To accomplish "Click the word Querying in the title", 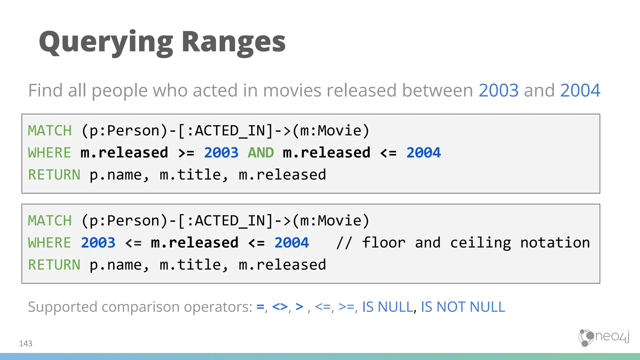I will (106, 42).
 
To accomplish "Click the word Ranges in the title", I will (233, 42).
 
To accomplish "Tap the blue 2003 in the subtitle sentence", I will (498, 90).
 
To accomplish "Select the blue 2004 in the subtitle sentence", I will (580, 90).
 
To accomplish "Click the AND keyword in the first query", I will (261, 153).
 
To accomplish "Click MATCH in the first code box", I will (50, 131).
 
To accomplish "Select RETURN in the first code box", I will (54, 175).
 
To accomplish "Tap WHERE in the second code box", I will (50, 243).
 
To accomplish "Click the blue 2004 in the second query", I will (292, 243).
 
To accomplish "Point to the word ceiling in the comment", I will (480, 243).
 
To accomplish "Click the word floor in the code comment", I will (383, 243).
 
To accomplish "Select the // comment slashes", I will (344, 243).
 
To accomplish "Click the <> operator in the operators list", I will (280, 307).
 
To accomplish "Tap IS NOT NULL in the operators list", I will (463, 307).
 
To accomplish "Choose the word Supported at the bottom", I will (62, 307).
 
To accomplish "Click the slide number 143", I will (26, 343).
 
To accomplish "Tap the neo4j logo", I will (604, 337).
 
